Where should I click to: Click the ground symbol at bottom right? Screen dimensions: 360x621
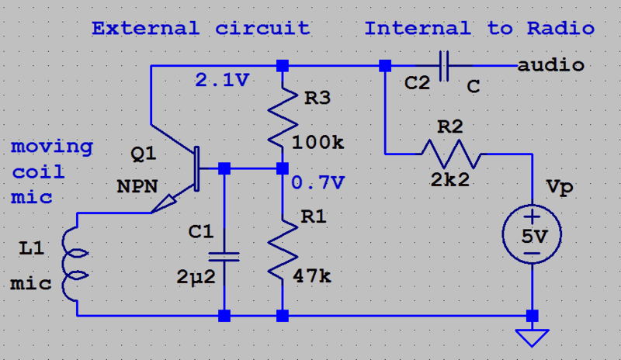[x=533, y=337]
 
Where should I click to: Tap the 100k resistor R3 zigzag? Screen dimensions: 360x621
[x=282, y=116]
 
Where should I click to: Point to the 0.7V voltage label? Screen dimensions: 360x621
[x=318, y=184]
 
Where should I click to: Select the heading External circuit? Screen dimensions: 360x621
[x=200, y=29]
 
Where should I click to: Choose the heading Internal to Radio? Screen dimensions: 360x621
[x=480, y=29]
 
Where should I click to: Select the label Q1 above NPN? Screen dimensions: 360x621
[x=143, y=154]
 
